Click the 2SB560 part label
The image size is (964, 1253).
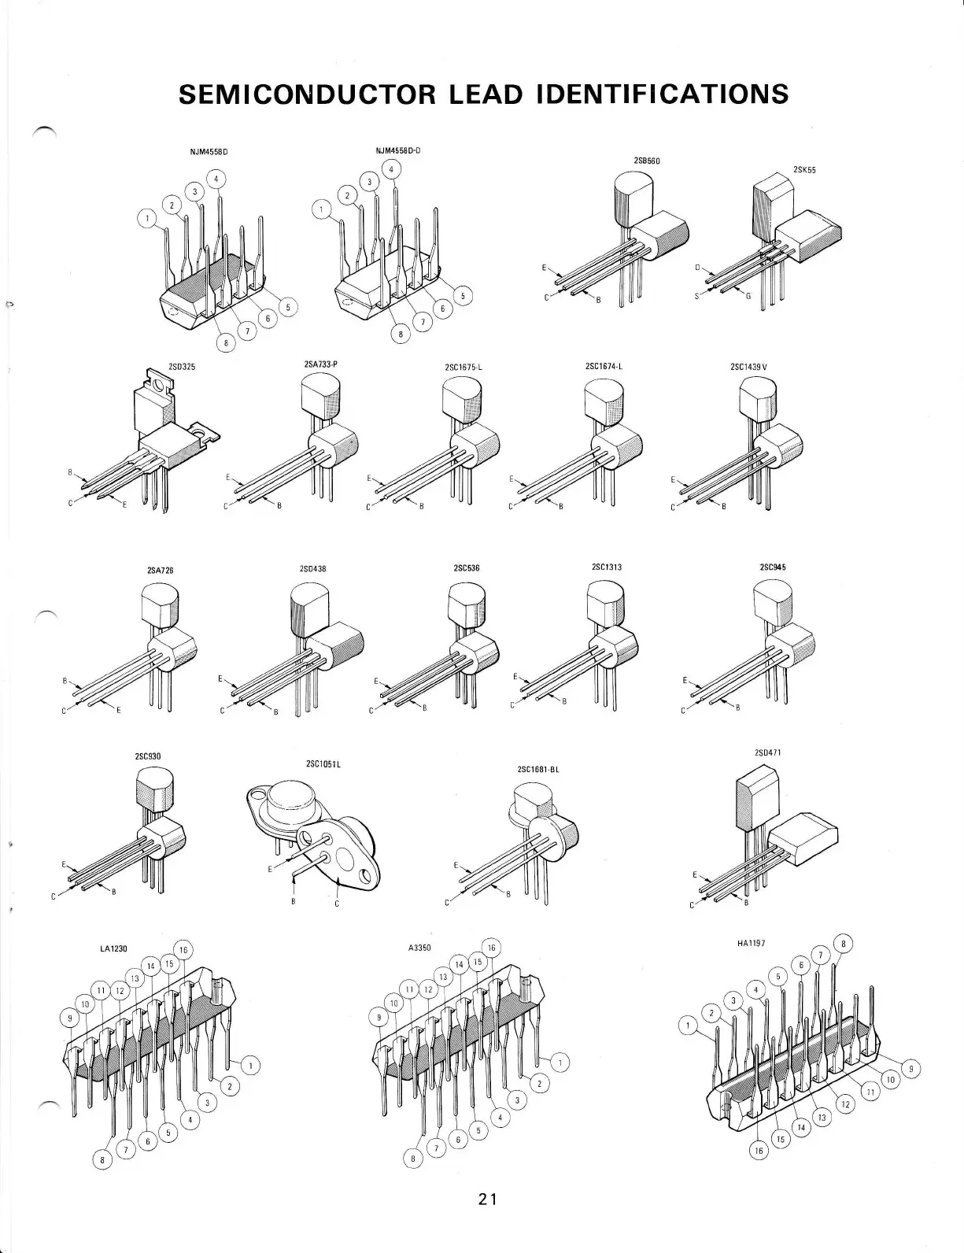pyautogui.click(x=647, y=161)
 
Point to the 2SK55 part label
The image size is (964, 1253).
pyautogui.click(x=803, y=169)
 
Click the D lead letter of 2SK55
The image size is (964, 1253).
pyautogui.click(x=696, y=268)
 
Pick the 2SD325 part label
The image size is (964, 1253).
pyautogui.click(x=181, y=366)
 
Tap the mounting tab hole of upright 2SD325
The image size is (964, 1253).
pyautogui.click(x=161, y=386)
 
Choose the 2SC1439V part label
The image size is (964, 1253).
pyautogui.click(x=748, y=366)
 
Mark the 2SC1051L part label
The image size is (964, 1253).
pyautogui.click(x=323, y=763)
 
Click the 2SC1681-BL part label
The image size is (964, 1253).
pyautogui.click(x=538, y=769)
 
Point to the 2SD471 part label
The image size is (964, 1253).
pyautogui.click(x=767, y=752)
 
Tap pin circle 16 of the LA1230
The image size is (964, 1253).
pyautogui.click(x=182, y=950)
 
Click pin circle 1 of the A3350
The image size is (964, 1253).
pyautogui.click(x=560, y=1063)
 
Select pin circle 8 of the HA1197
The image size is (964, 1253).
pyautogui.click(x=844, y=944)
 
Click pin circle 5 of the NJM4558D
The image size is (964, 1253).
pyautogui.click(x=288, y=307)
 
